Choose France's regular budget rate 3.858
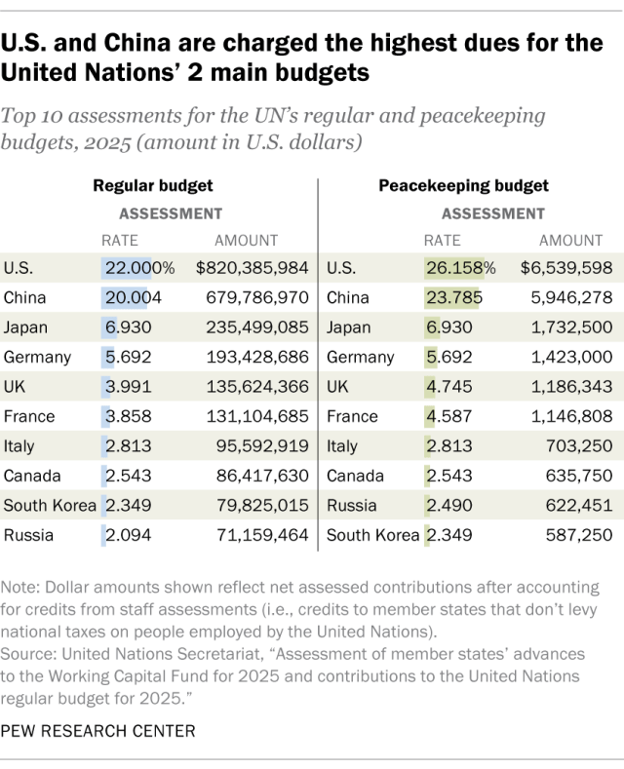tap(127, 416)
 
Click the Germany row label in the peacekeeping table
tap(360, 357)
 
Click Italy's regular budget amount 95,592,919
tap(257, 446)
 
